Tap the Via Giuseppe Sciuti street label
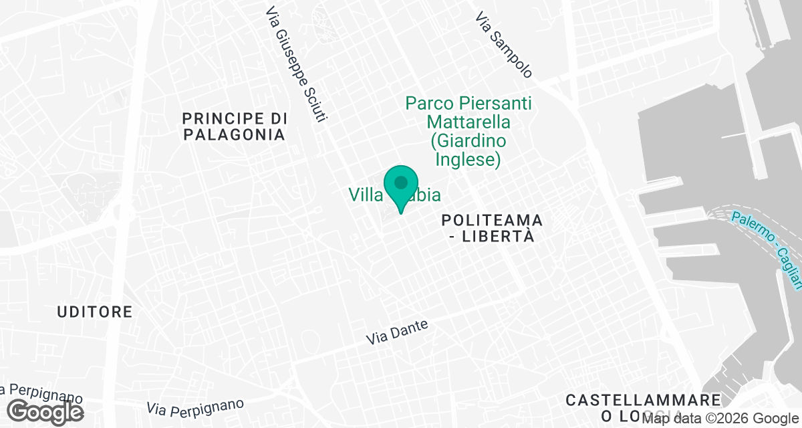tap(296, 65)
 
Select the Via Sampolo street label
tap(504, 45)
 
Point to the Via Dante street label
tap(396, 332)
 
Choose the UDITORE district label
tap(95, 312)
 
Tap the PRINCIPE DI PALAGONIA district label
tap(234, 126)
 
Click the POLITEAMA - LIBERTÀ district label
tap(491, 228)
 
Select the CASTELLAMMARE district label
tap(643, 400)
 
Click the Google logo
tap(45, 411)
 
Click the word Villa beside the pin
tap(365, 195)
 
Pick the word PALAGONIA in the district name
tap(234, 134)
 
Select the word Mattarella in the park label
tap(468, 122)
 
